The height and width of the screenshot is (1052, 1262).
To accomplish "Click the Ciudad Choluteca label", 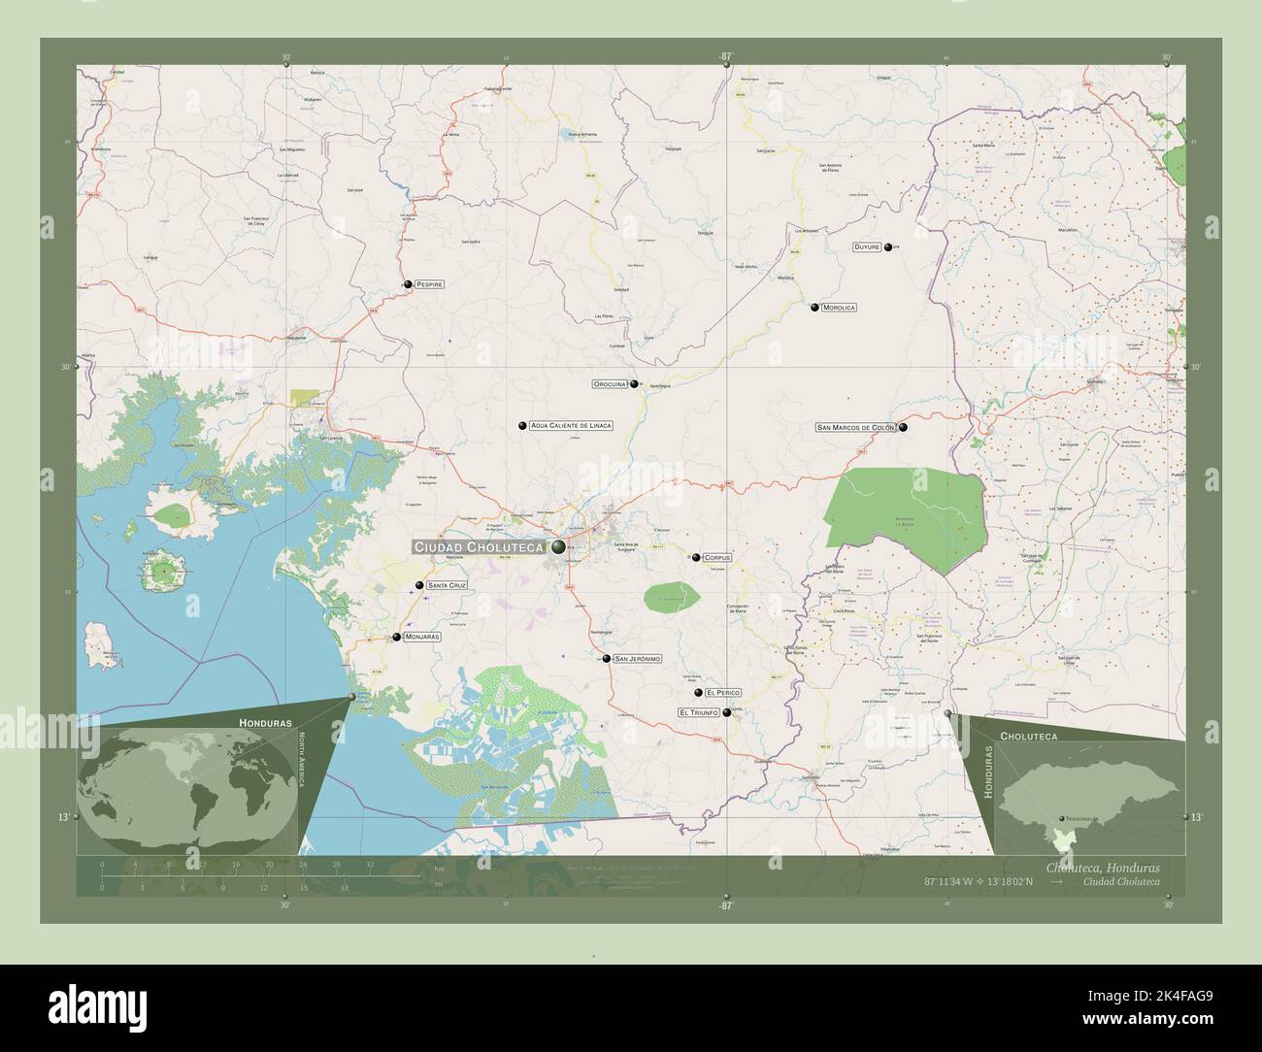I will pyautogui.click(x=480, y=547).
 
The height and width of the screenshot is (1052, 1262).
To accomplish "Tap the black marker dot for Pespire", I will pyautogui.click(x=409, y=285).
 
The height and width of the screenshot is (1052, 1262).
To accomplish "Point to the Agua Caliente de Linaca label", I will pyautogui.click(x=571, y=426).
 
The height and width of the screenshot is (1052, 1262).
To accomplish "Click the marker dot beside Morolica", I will pyautogui.click(x=815, y=308).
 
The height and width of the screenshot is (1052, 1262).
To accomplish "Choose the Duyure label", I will pyautogui.click(x=867, y=247).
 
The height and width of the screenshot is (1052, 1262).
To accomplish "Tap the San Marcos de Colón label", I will pyautogui.click(x=855, y=427).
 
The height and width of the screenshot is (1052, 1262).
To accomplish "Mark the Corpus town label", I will pyautogui.click(x=717, y=558).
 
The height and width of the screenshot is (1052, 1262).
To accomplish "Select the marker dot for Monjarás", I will pyautogui.click(x=396, y=638).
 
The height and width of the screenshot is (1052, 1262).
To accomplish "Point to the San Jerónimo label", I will pyautogui.click(x=638, y=659).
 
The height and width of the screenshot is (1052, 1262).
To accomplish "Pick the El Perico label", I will pyautogui.click(x=724, y=692).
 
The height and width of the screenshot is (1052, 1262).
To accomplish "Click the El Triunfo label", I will pyautogui.click(x=699, y=712).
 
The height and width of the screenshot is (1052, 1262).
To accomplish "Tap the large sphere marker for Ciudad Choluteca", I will pyautogui.click(x=558, y=547).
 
